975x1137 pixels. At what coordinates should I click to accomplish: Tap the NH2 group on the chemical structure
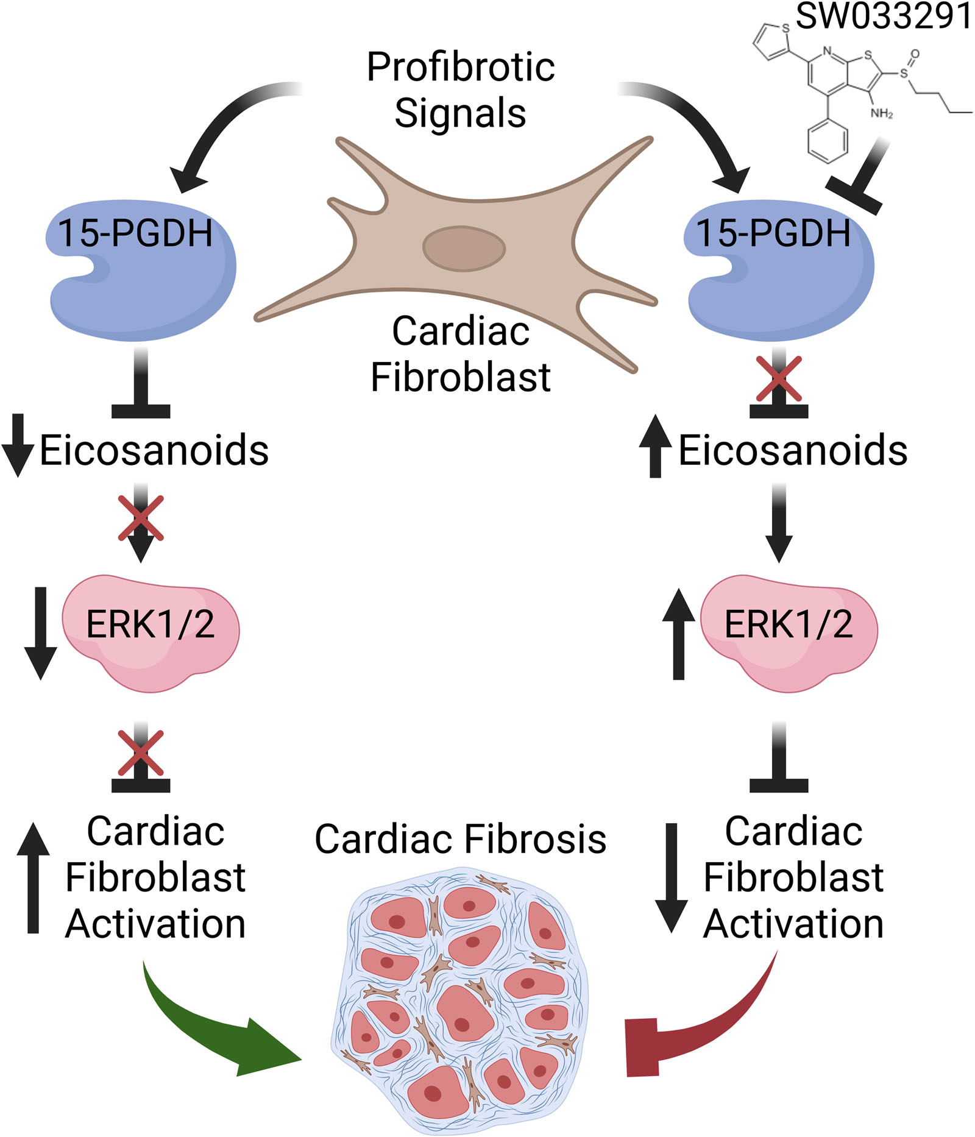pyautogui.click(x=881, y=113)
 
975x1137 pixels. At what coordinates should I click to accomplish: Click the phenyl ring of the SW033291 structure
pyautogui.click(x=827, y=141)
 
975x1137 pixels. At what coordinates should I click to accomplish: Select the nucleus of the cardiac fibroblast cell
pyautogui.click(x=464, y=249)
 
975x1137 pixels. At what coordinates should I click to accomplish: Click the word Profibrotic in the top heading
pyautogui.click(x=461, y=67)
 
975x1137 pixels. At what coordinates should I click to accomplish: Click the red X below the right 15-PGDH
pyautogui.click(x=778, y=379)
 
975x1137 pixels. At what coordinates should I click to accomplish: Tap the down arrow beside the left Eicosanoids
pyautogui.click(x=18, y=445)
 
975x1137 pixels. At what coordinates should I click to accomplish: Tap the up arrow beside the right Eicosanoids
pyautogui.click(x=655, y=446)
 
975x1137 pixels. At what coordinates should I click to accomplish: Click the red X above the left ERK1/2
pyautogui.click(x=141, y=519)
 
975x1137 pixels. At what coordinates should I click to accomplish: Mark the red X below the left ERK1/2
pyautogui.click(x=141, y=753)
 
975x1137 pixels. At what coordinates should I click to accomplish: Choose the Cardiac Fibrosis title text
pyautogui.click(x=460, y=839)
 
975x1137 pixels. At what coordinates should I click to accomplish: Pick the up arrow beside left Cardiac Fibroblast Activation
pyautogui.click(x=34, y=877)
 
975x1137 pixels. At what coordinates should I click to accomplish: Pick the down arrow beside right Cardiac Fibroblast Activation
pyautogui.click(x=671, y=877)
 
